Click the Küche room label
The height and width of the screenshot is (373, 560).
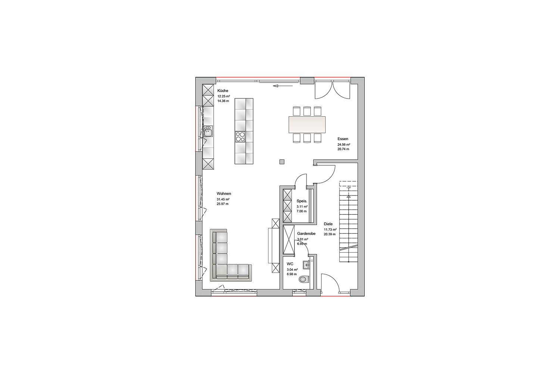(x=223, y=91)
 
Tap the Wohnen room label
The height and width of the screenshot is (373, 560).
(x=224, y=194)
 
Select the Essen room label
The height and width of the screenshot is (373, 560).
(x=343, y=139)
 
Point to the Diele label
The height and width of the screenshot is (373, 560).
(x=328, y=224)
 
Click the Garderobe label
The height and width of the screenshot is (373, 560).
(x=306, y=233)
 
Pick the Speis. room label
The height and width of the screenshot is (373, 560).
(x=302, y=201)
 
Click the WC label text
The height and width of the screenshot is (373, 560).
(x=290, y=264)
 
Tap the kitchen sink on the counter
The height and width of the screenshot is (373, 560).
(x=208, y=131)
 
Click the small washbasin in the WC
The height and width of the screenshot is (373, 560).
(x=307, y=265)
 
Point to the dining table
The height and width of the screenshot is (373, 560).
(x=307, y=125)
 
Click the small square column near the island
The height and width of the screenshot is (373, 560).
(x=282, y=162)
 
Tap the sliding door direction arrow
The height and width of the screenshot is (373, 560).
(x=283, y=86)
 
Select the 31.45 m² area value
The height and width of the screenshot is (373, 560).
(x=223, y=199)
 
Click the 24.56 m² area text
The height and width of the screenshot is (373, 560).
(x=344, y=145)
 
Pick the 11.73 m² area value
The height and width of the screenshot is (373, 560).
(x=330, y=230)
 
